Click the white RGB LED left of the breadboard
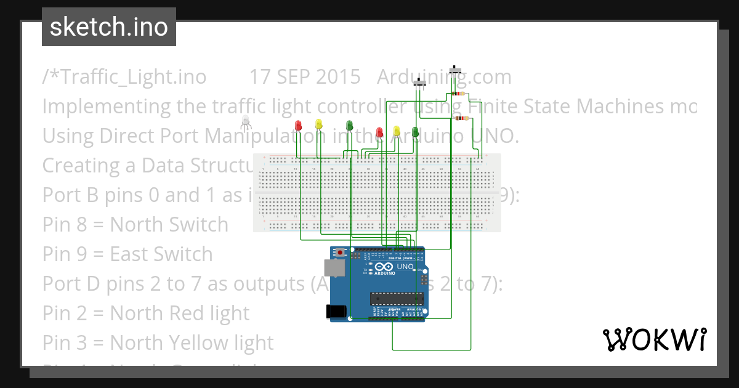pos(246,120)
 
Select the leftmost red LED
pos(298,125)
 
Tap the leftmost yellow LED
pos(318,124)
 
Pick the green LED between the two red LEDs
pos(350,126)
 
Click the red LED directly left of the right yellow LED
pos(379,132)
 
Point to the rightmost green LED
pos(415,131)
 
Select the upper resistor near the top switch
pos(458,94)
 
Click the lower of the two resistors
pos(460,118)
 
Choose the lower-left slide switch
pos(421,83)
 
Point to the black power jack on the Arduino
pos(336,312)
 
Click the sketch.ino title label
pos(109,27)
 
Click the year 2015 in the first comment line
pos(337,76)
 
